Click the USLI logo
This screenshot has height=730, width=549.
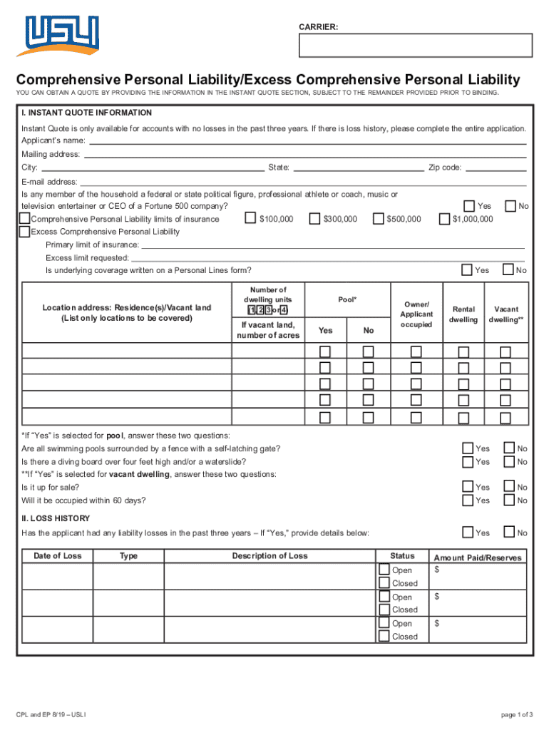(62, 36)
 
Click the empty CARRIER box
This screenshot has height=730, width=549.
(416, 45)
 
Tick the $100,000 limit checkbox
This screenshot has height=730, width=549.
(250, 219)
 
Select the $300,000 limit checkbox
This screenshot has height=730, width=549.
(314, 219)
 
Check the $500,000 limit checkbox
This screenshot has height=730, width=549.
(378, 219)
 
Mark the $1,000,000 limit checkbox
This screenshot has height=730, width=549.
(444, 219)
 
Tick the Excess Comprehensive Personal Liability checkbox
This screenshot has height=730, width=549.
(25, 232)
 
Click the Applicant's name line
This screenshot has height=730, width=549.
(307, 141)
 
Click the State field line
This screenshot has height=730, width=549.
(358, 168)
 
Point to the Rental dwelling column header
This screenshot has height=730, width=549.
(463, 314)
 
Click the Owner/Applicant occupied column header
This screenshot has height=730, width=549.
(416, 314)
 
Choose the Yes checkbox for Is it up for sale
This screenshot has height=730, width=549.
(468, 487)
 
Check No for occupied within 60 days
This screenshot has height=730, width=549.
(509, 500)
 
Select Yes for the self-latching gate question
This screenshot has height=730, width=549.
(468, 448)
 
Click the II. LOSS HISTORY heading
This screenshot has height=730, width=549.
(56, 518)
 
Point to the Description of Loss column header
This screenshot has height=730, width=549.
(270, 556)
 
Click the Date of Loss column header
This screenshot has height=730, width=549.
(58, 556)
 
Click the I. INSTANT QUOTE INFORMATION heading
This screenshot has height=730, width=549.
(86, 113)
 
